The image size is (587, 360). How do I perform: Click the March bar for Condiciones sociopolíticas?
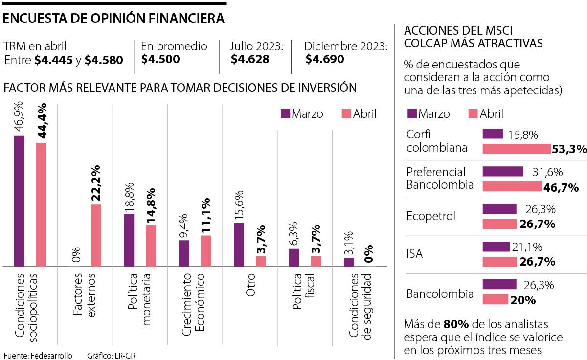[x=19, y=201]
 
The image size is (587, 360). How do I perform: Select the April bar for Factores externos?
[x=96, y=235]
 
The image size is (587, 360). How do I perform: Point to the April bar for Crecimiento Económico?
[x=206, y=251]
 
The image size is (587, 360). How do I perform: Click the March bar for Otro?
[x=239, y=245]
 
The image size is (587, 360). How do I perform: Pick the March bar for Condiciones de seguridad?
[x=348, y=262]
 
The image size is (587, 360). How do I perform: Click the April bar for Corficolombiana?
[x=517, y=149]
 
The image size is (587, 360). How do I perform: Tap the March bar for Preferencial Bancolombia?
[x=503, y=171]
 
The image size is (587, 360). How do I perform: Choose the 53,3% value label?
[x=569, y=149]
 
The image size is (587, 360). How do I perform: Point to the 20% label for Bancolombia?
[x=522, y=300]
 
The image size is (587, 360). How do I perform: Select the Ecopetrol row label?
[x=430, y=216]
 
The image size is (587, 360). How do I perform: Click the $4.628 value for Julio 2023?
[x=250, y=60]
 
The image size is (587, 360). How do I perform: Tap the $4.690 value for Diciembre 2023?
[x=325, y=60]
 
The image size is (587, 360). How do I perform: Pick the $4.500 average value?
[x=160, y=60]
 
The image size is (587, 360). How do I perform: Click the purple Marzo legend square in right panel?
[x=412, y=114]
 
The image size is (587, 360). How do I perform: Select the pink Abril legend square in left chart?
[x=345, y=114]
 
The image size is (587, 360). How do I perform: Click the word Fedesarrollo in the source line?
[x=51, y=356]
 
